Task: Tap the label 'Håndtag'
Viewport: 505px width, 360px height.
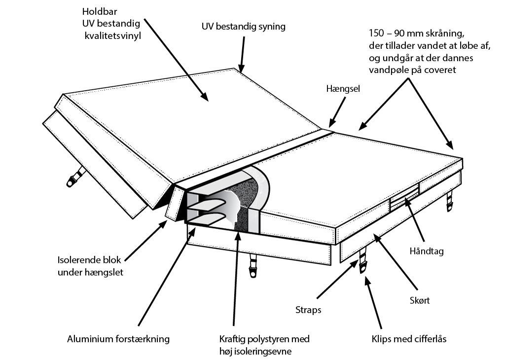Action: tap(427, 251)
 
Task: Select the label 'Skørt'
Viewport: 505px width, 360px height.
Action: tap(420, 300)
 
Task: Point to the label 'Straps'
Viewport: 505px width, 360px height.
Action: tap(309, 310)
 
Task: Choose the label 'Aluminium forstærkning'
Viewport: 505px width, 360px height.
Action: tap(118, 339)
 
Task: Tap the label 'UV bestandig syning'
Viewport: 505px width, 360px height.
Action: tap(243, 27)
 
